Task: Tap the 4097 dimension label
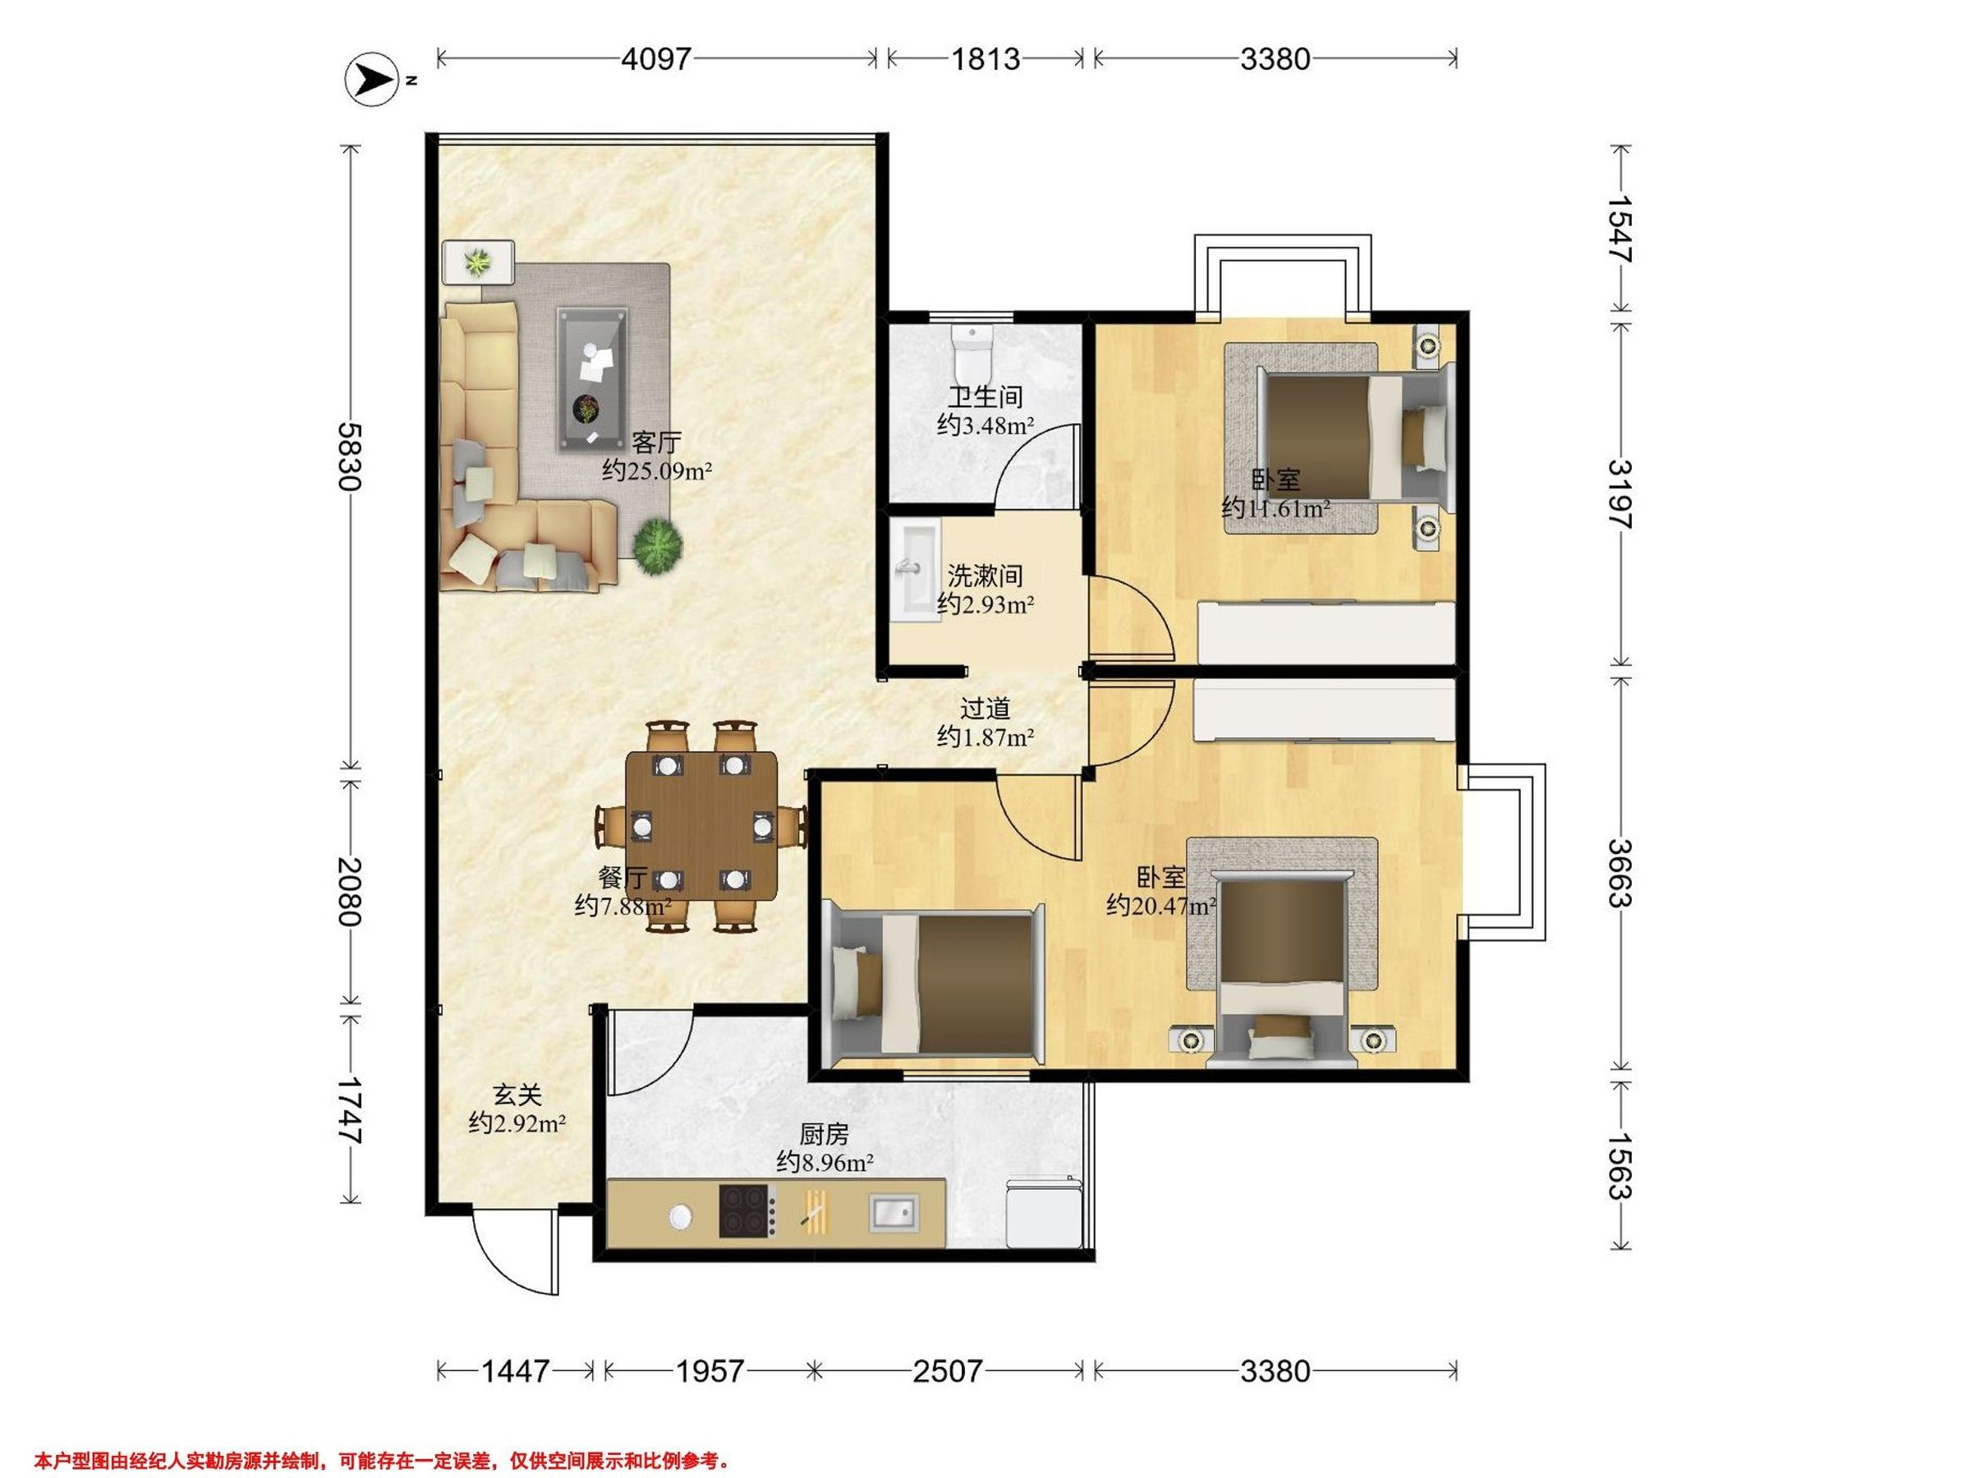[656, 59]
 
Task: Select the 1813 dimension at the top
[985, 59]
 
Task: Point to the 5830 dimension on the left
[348, 457]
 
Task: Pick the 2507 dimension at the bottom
[947, 1370]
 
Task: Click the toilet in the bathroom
[971, 353]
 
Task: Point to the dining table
[701, 826]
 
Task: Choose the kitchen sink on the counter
[893, 1213]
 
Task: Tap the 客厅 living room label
[656, 443]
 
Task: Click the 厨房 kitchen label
[824, 1134]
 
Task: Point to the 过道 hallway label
[985, 709]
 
